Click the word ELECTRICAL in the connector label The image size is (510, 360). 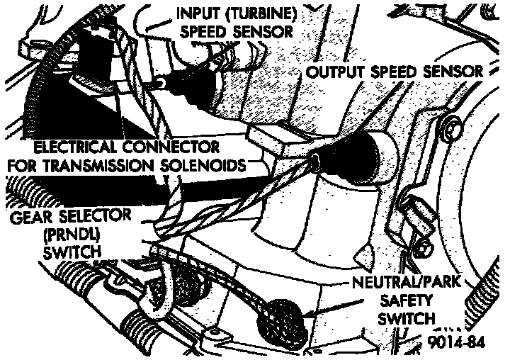click(x=81, y=149)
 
